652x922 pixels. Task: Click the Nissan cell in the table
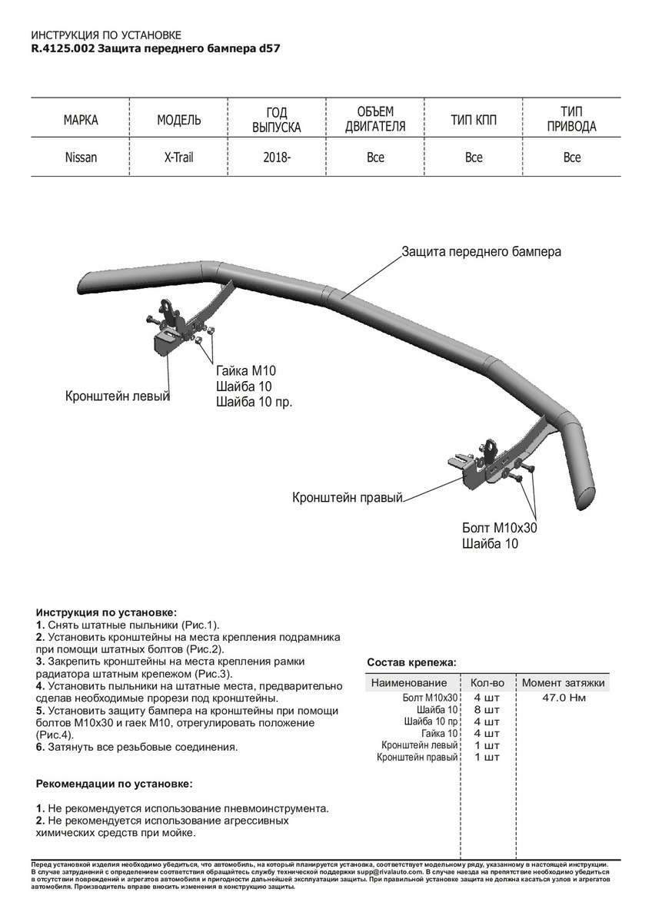pyautogui.click(x=81, y=158)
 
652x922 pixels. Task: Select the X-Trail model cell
pyautogui.click(x=179, y=158)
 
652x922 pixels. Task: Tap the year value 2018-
pyautogui.click(x=277, y=158)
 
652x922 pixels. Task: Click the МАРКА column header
pyautogui.click(x=81, y=120)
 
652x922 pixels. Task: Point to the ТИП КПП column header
pyautogui.click(x=474, y=120)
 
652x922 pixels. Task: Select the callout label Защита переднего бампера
pyautogui.click(x=481, y=251)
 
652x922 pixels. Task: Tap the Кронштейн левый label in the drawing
pyautogui.click(x=117, y=396)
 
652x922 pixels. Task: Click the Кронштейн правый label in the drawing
pyautogui.click(x=348, y=498)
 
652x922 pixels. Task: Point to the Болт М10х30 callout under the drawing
pyautogui.click(x=500, y=528)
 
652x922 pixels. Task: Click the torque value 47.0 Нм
pyautogui.click(x=564, y=698)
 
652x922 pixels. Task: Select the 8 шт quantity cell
pyautogui.click(x=487, y=710)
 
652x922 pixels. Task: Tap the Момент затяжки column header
pyautogui.click(x=564, y=682)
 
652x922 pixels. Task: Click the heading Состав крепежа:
pyautogui.click(x=411, y=662)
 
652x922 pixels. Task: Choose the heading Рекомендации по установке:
pyautogui.click(x=115, y=784)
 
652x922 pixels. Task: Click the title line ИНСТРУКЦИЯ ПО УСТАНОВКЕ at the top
pyautogui.click(x=106, y=35)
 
